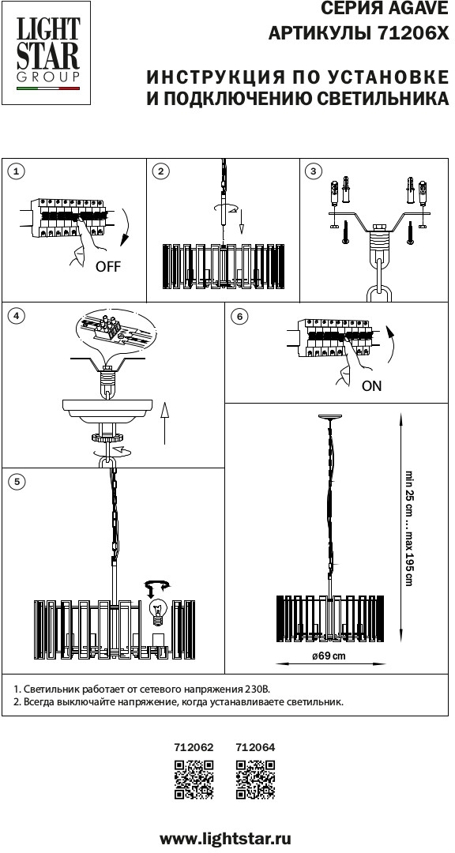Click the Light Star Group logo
point(47,53)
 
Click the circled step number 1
point(17,171)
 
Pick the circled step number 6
point(239,317)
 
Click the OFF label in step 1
point(107,267)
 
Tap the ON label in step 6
point(372,386)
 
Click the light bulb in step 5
point(157,611)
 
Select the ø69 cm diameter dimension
point(329,656)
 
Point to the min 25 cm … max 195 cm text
point(408,527)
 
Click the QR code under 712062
point(194,780)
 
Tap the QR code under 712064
point(255,780)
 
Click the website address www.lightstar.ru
point(225,838)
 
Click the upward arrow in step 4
point(165,424)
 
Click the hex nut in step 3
point(378,227)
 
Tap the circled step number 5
point(17,482)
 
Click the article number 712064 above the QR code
point(255,747)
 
